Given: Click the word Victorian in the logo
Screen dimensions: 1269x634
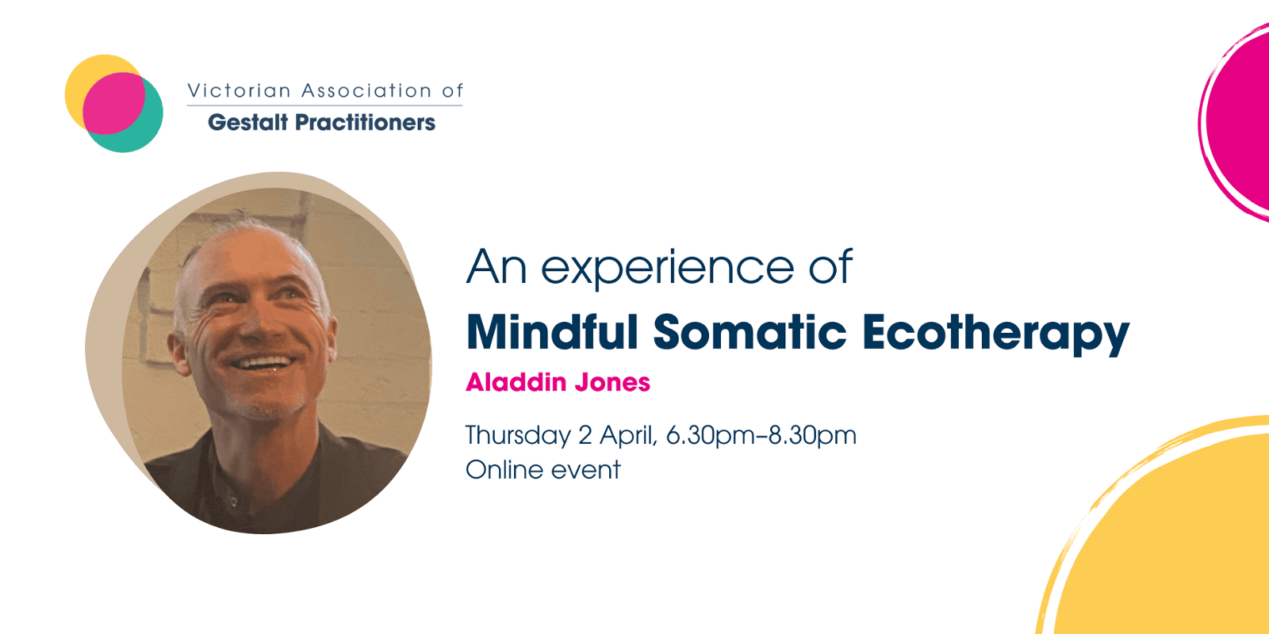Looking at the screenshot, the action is point(239,90).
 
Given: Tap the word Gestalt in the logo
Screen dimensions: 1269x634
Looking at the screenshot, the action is point(248,122).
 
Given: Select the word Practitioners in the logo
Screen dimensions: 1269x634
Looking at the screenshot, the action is point(366,122).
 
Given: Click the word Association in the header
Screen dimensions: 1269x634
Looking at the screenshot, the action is point(366,90).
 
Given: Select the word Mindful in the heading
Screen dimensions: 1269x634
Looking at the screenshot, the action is point(552,332).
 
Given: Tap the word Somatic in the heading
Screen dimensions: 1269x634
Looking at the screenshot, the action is point(750,332).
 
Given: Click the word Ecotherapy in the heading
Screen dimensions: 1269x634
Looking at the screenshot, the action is point(995,334).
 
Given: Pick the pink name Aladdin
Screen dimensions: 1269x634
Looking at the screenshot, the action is point(516,382).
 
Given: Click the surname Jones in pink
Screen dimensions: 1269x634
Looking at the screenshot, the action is point(612,382).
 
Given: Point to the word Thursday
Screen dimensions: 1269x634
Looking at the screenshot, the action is point(519,436).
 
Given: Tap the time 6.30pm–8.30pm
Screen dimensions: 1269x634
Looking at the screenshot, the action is point(761,436).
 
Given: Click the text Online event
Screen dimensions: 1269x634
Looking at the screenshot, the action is point(542,470).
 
